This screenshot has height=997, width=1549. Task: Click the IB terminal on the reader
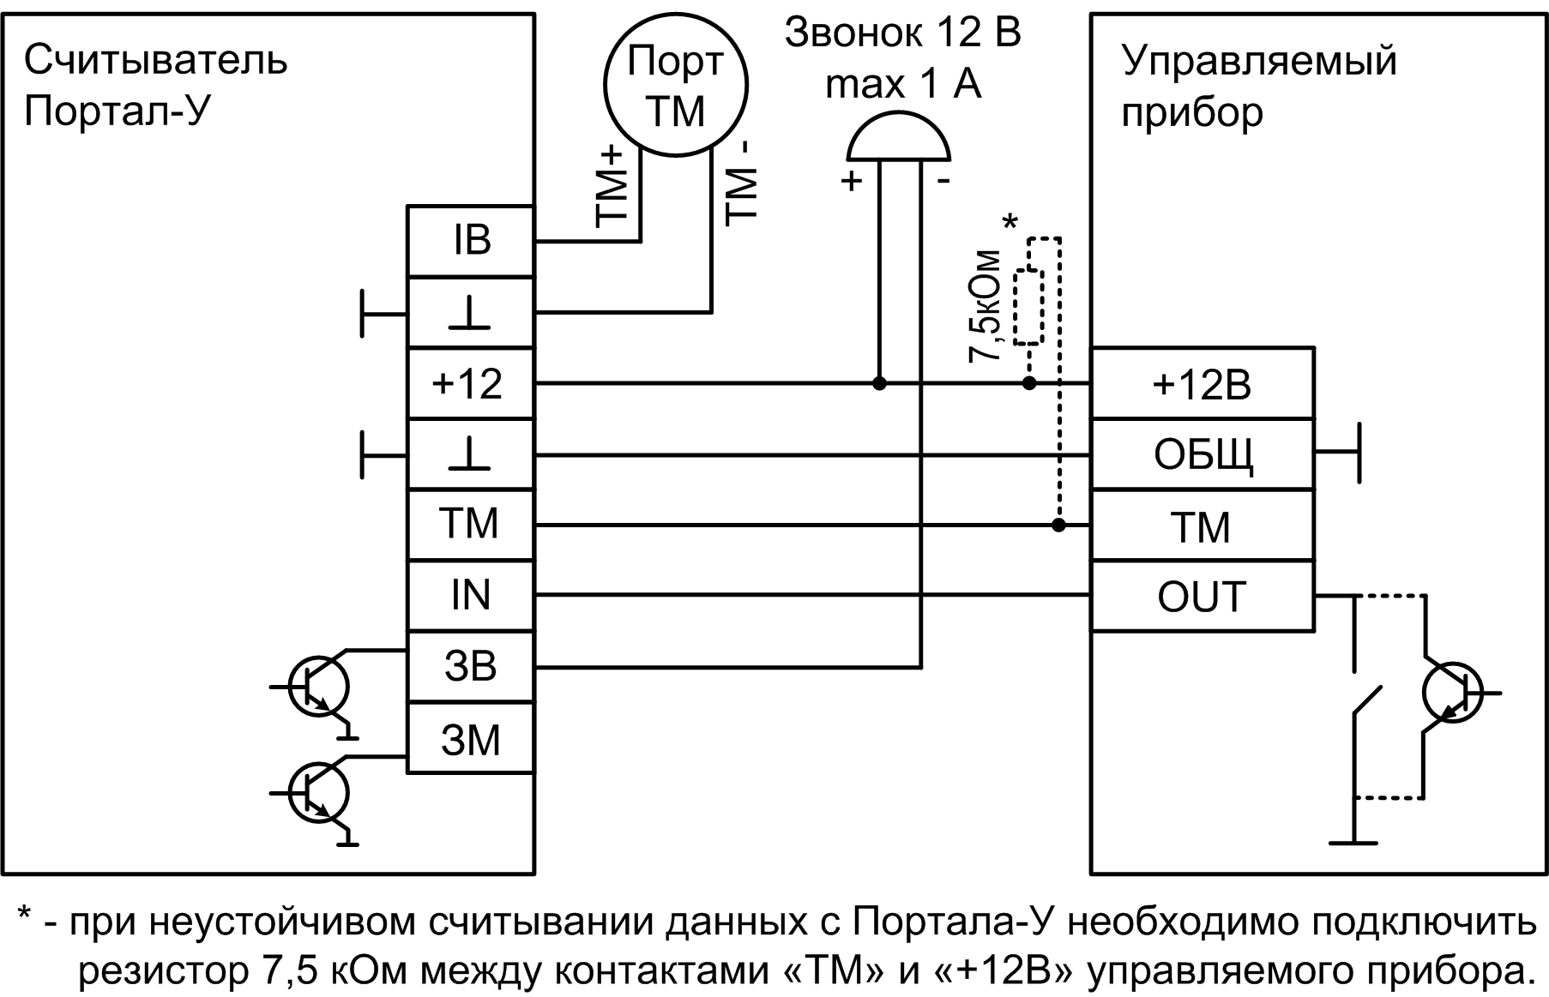click(x=470, y=241)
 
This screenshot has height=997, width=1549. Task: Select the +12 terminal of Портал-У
click(x=470, y=383)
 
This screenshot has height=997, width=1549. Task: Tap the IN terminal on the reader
click(x=470, y=596)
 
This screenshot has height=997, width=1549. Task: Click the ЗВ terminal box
click(x=470, y=667)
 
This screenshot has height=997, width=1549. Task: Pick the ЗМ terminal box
click(x=470, y=739)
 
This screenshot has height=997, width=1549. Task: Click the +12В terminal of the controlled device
click(x=1201, y=384)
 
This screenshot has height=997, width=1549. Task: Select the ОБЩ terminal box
click(x=1201, y=454)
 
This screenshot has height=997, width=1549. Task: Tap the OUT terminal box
click(x=1201, y=597)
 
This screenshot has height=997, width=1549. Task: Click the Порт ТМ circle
click(x=676, y=85)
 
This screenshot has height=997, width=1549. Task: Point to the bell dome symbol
click(x=898, y=142)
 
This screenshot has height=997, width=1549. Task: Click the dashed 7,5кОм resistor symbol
click(x=1028, y=307)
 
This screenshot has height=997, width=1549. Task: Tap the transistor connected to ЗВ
click(x=319, y=687)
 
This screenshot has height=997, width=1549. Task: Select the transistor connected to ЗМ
click(x=319, y=793)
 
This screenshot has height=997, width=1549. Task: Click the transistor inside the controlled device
click(x=1451, y=693)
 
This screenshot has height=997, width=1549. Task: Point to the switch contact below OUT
click(x=1367, y=699)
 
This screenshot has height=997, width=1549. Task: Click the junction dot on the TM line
click(x=1058, y=525)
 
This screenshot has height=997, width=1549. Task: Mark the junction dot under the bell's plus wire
click(x=879, y=383)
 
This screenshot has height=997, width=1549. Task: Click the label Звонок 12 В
click(x=902, y=34)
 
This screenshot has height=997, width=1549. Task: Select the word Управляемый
click(x=1259, y=62)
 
